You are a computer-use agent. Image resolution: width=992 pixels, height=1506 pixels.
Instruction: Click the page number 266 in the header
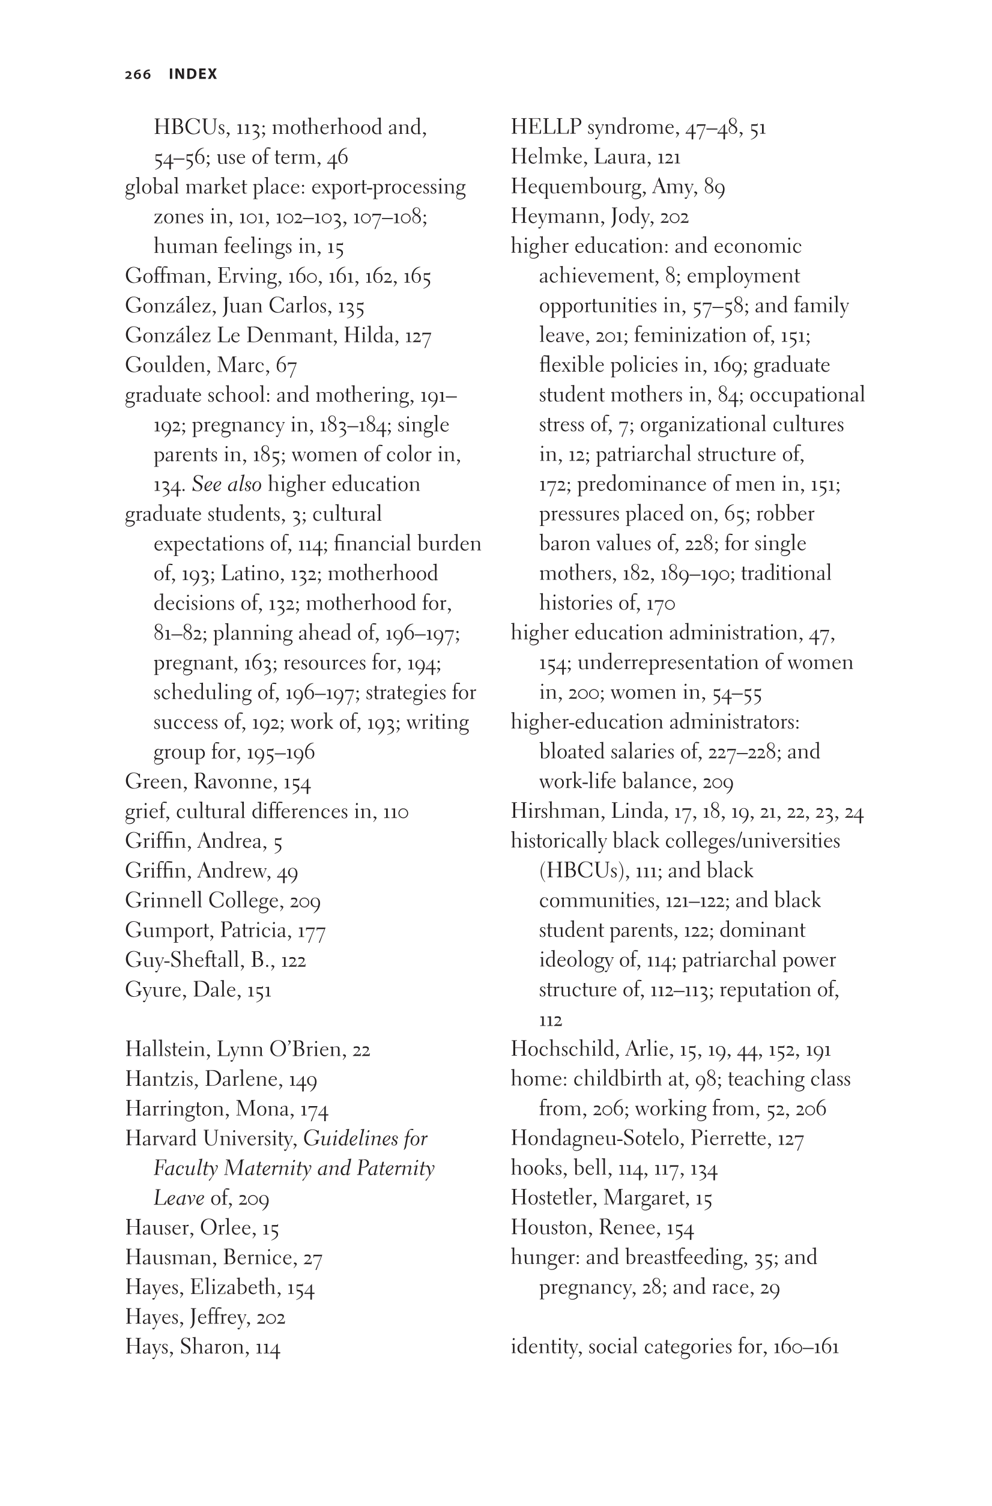coord(138,74)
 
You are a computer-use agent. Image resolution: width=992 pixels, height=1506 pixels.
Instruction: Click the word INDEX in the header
coord(193,74)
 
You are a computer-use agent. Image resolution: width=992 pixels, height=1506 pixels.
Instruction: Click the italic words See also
coord(226,485)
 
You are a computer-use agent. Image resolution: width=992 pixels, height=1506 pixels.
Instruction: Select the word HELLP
coord(546,128)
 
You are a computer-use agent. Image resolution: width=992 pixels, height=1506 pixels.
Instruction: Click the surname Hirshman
coord(555,812)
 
